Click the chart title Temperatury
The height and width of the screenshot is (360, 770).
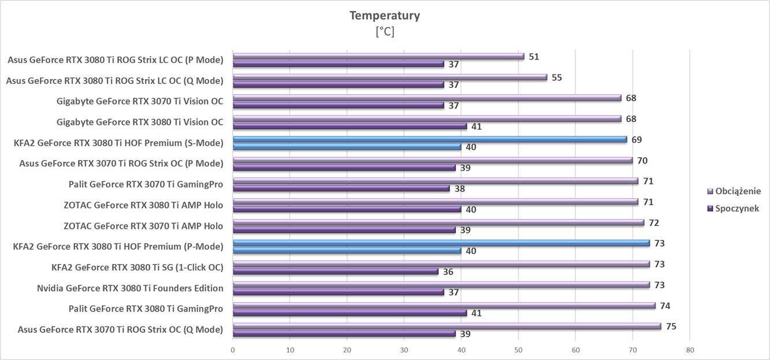point(384,16)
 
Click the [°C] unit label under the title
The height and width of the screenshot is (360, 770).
point(385,32)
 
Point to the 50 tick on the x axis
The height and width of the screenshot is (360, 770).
point(518,350)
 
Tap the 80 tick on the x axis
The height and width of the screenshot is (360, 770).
point(690,350)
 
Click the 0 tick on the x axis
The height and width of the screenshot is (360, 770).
point(233,350)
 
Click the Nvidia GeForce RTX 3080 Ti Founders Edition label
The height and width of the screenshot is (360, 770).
point(130,288)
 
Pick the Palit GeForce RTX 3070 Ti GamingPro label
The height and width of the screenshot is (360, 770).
point(146,184)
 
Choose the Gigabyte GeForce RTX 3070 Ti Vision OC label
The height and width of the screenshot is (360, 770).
point(140,101)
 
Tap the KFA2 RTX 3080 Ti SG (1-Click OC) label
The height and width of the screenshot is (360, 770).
point(137,267)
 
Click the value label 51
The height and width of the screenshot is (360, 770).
point(534,57)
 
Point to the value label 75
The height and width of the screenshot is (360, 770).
point(671,326)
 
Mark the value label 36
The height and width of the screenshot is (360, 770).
point(448,272)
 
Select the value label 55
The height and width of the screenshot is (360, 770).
point(557,77)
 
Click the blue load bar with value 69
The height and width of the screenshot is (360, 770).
point(430,139)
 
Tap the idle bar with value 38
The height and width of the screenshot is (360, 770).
point(341,188)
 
